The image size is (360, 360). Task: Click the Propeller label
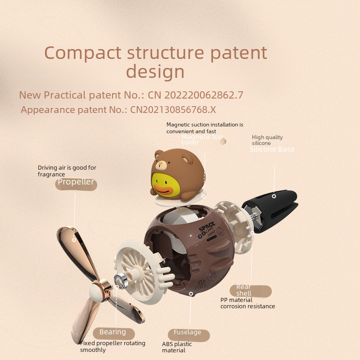[x=76, y=182]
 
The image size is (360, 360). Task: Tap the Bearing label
[x=113, y=333]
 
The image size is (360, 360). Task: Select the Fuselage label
[x=188, y=333]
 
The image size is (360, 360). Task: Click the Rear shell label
[x=244, y=290]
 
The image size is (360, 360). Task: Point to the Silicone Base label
[x=272, y=149]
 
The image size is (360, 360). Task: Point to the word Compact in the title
[x=83, y=53]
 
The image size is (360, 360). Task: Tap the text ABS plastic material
[x=176, y=347]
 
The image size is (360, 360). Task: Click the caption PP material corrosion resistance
[x=247, y=303]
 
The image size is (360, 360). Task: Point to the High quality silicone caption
[x=267, y=140]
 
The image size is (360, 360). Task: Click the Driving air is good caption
[x=67, y=171]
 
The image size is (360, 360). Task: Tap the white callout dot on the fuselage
[x=191, y=293]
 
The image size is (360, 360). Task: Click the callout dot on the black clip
[x=274, y=196]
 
